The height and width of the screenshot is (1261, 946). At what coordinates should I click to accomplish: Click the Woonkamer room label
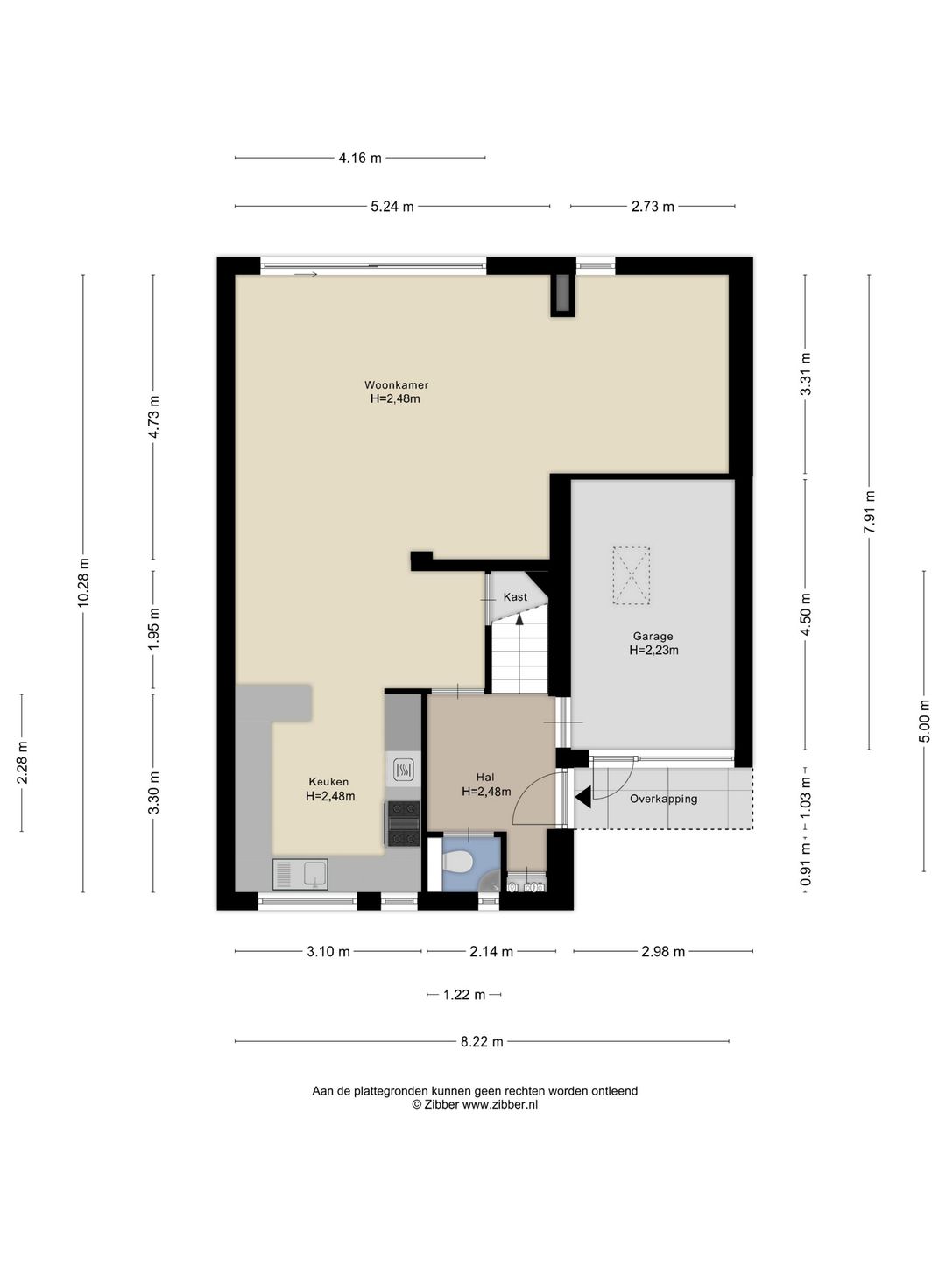pyautogui.click(x=396, y=385)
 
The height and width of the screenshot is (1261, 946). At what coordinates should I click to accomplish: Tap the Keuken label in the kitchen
pyautogui.click(x=328, y=781)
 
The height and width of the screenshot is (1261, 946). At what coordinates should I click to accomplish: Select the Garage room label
pyautogui.click(x=653, y=636)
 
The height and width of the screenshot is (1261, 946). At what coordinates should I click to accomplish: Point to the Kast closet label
pyautogui.click(x=515, y=597)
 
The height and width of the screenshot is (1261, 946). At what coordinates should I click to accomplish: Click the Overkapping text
pyautogui.click(x=663, y=799)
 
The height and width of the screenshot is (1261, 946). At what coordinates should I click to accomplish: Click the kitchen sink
pyautogui.click(x=300, y=874)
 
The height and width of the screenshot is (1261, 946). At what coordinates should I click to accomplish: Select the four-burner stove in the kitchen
pyautogui.click(x=404, y=824)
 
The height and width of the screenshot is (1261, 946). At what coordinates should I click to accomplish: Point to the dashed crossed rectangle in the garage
pyautogui.click(x=632, y=575)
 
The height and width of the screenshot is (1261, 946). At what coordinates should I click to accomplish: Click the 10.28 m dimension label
pyautogui.click(x=83, y=582)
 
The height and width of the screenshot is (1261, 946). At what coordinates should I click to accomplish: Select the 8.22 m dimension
pyautogui.click(x=482, y=1041)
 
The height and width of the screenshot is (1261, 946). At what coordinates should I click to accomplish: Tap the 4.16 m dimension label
pyautogui.click(x=360, y=158)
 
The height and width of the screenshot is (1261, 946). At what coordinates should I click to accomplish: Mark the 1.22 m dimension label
pyautogui.click(x=464, y=995)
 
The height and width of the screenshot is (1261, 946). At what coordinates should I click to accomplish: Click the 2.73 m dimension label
pyautogui.click(x=653, y=207)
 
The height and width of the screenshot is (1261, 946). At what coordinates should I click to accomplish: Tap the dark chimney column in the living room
pyautogui.click(x=561, y=295)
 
